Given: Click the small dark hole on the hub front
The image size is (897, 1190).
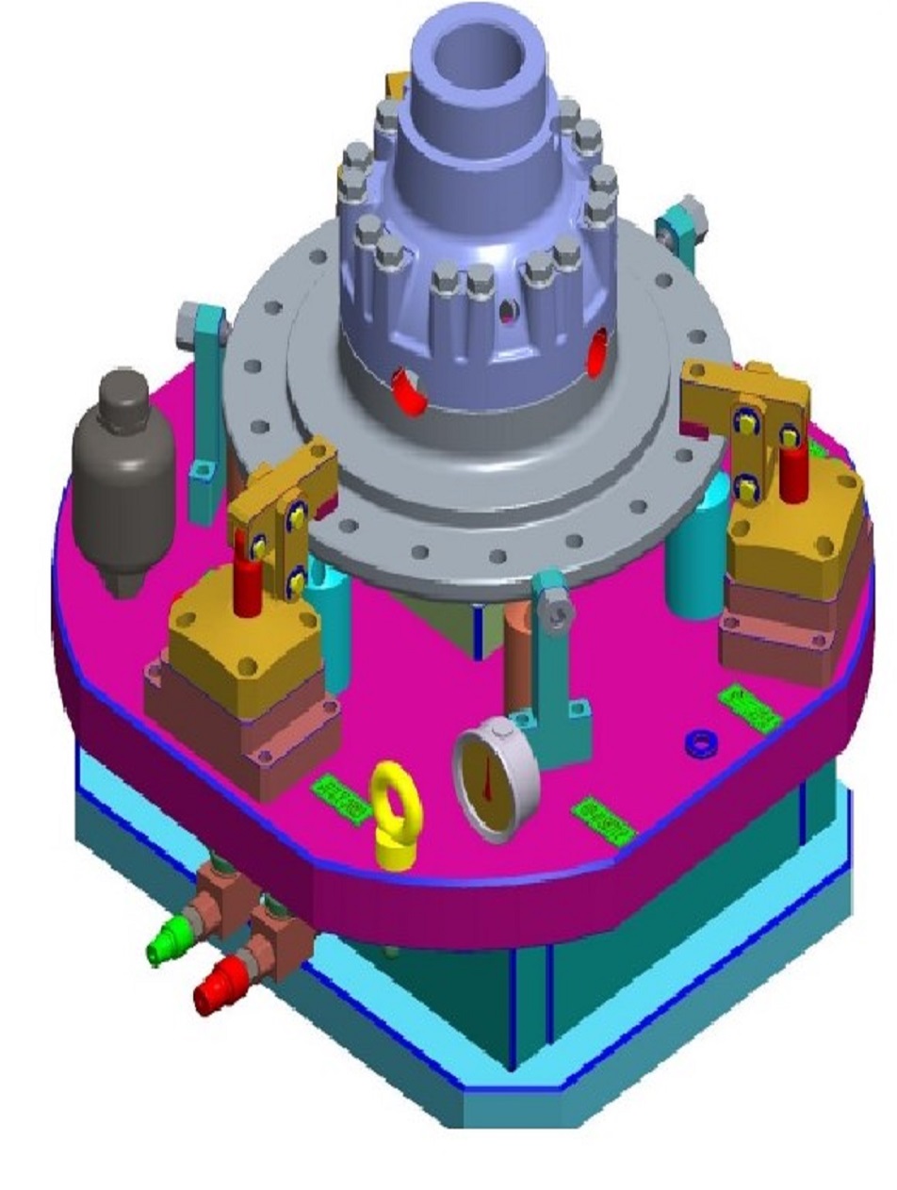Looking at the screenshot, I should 508,310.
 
